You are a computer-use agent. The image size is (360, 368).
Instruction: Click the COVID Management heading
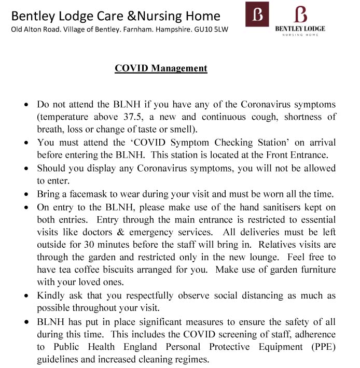(x=161, y=68)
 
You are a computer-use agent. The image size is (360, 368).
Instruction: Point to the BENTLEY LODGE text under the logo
(x=300, y=29)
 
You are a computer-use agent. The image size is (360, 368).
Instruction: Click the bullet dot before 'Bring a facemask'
(x=27, y=195)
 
